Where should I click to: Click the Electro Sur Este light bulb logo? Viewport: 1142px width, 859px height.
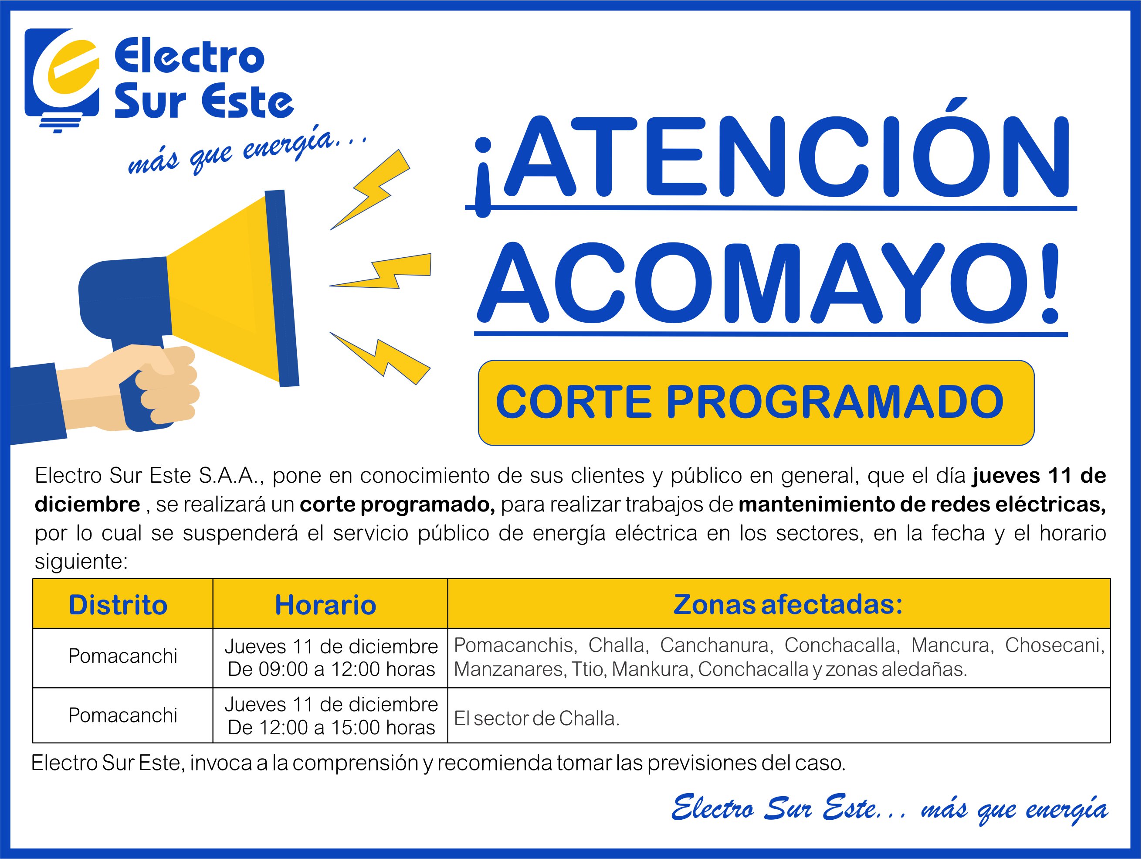click(62, 80)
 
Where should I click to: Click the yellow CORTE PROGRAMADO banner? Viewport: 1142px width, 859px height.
click(756, 402)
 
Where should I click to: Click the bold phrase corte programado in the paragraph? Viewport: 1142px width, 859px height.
click(397, 504)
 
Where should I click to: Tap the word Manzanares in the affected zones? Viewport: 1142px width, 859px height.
click(509, 669)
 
